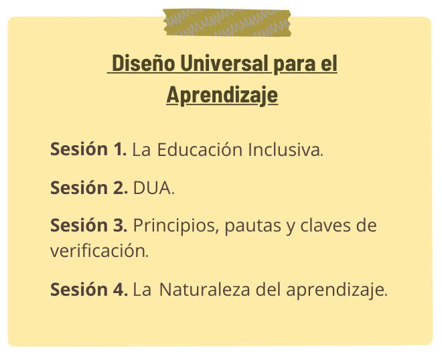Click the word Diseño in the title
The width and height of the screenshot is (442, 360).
[x=143, y=63]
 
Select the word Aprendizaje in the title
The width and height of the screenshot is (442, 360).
[x=222, y=95]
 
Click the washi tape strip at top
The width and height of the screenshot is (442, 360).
[x=227, y=23]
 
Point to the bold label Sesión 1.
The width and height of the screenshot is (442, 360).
[x=88, y=149]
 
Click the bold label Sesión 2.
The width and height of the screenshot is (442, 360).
[x=89, y=187]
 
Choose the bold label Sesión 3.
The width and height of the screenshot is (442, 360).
[x=89, y=225]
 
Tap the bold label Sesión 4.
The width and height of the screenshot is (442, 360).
[x=89, y=289]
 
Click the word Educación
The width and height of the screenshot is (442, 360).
[x=200, y=149]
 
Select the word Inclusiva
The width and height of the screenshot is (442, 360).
[x=285, y=149]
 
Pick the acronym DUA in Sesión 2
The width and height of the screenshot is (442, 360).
[x=153, y=187]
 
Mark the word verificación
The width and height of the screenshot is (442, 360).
[x=99, y=250]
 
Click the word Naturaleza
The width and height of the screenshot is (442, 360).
[x=205, y=289]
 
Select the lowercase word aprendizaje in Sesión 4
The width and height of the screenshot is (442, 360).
[x=337, y=290]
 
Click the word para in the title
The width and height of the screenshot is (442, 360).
[x=294, y=64]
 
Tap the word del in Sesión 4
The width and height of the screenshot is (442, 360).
[x=268, y=289]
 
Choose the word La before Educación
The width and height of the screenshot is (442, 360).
[x=141, y=149]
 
